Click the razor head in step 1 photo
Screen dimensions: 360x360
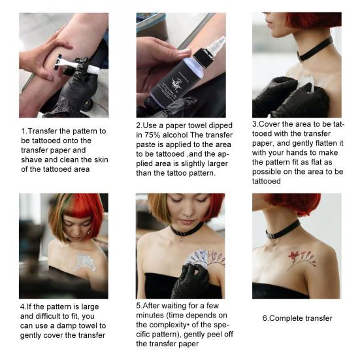point(58,61)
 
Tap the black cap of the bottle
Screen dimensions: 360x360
point(202,56)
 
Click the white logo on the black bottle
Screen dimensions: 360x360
point(177,84)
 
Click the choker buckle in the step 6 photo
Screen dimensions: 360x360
point(270,235)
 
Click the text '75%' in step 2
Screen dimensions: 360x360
point(152,135)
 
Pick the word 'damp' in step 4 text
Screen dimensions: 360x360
point(67,325)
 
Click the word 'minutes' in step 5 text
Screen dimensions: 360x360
point(150,315)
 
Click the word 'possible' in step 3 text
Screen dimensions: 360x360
point(267,171)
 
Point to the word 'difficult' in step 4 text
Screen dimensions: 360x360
point(48,316)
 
